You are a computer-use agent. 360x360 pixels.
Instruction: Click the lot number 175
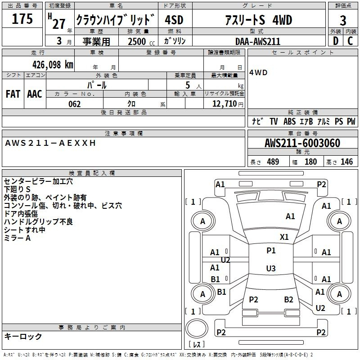click(x=22, y=18)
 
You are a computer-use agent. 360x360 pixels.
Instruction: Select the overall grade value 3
click(x=343, y=20)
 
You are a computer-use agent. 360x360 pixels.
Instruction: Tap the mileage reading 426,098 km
click(x=53, y=65)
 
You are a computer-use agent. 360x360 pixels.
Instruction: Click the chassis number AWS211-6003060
click(x=302, y=143)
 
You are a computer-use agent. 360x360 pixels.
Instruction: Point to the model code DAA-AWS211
click(x=258, y=41)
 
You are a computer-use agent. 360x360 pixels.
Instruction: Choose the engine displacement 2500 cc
click(x=141, y=41)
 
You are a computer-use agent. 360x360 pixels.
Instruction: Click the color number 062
click(x=74, y=104)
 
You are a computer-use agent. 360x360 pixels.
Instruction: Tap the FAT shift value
click(x=13, y=94)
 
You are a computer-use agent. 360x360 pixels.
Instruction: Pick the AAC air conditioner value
click(x=35, y=94)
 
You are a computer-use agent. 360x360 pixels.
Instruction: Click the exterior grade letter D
click(x=336, y=41)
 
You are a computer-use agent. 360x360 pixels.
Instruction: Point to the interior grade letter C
click(x=350, y=41)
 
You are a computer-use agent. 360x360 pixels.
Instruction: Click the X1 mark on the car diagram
click(x=284, y=237)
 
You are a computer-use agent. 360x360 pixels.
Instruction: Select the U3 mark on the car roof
click(x=271, y=268)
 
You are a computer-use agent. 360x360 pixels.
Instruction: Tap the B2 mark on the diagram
click(x=288, y=300)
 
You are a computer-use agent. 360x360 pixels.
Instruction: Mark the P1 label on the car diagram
click(x=271, y=251)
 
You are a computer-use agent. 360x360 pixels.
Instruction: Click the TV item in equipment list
click(x=274, y=121)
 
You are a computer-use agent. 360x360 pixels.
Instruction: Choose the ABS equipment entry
click(x=289, y=121)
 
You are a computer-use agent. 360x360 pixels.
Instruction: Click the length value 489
click(x=273, y=162)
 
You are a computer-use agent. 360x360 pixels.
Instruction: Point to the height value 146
click(x=346, y=162)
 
